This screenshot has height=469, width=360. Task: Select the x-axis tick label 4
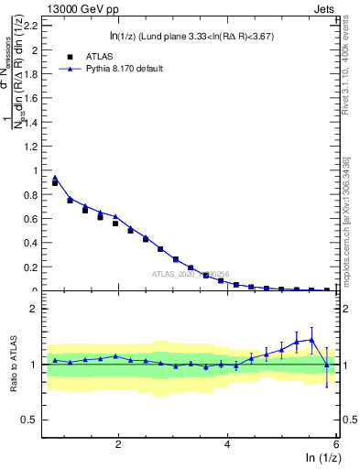(x=227, y=445)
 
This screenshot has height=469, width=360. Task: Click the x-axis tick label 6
(x=336, y=445)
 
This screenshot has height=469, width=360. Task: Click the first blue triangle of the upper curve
(x=55, y=178)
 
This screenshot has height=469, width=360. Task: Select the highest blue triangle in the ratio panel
(x=311, y=340)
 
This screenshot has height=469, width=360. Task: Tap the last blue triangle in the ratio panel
(x=327, y=365)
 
